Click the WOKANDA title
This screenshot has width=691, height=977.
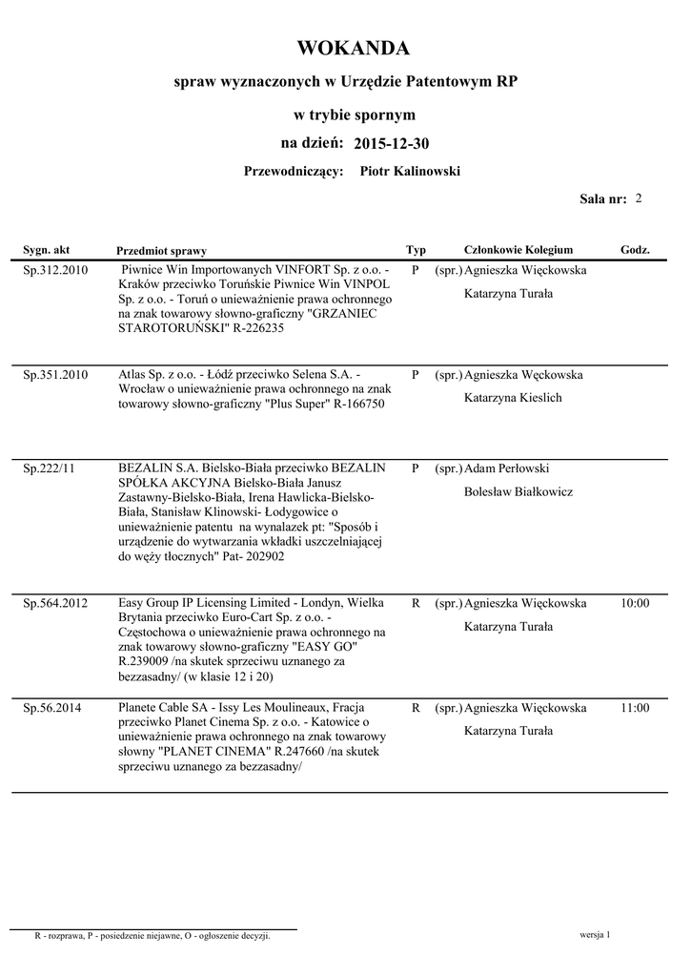click(x=353, y=49)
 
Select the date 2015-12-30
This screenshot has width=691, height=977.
click(x=390, y=144)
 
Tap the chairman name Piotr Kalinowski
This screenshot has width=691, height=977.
click(x=410, y=171)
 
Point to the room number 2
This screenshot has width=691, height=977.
click(x=638, y=198)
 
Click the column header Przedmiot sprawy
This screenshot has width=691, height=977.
click(x=161, y=251)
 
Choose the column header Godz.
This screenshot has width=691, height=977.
click(x=635, y=250)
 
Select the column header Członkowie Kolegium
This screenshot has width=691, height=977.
click(x=518, y=250)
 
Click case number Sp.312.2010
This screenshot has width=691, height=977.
click(x=55, y=270)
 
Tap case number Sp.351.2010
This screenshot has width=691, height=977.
click(x=55, y=375)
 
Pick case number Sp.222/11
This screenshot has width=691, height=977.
click(x=49, y=468)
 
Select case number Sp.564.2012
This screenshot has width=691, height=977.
click(x=55, y=603)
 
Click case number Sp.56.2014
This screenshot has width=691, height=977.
click(x=52, y=708)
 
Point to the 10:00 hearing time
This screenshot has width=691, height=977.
click(x=635, y=603)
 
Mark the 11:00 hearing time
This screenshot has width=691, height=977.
click(x=635, y=708)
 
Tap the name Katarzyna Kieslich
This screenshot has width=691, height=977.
click(x=513, y=397)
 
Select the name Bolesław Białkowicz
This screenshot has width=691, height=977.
click(x=518, y=491)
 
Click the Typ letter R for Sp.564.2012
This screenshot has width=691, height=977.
click(x=416, y=603)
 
